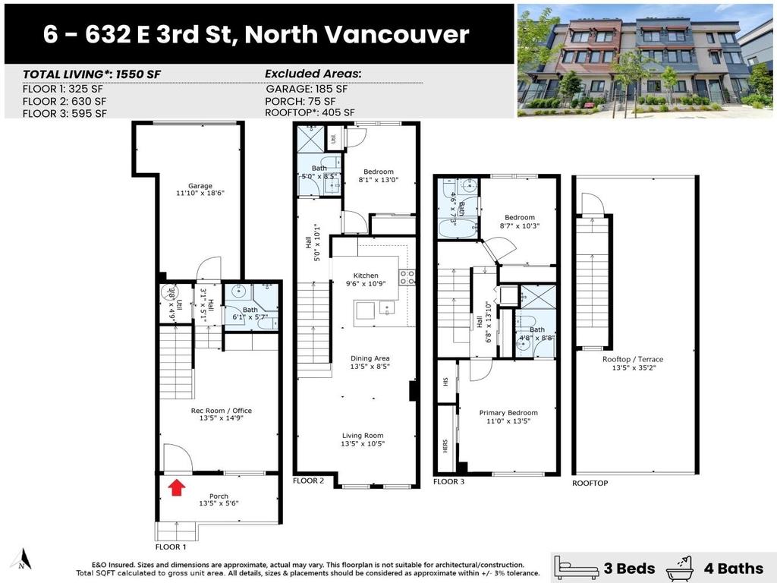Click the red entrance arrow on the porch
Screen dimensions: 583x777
(x=176, y=487)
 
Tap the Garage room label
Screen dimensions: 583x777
(x=200, y=186)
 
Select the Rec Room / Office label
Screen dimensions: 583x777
(x=221, y=411)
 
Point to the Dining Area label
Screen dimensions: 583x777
(x=370, y=358)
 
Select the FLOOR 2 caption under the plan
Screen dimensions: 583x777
(x=309, y=481)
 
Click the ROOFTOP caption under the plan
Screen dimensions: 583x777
(x=590, y=483)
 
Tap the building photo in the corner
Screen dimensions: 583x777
(x=645, y=60)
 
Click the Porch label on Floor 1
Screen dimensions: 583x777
(x=219, y=496)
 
